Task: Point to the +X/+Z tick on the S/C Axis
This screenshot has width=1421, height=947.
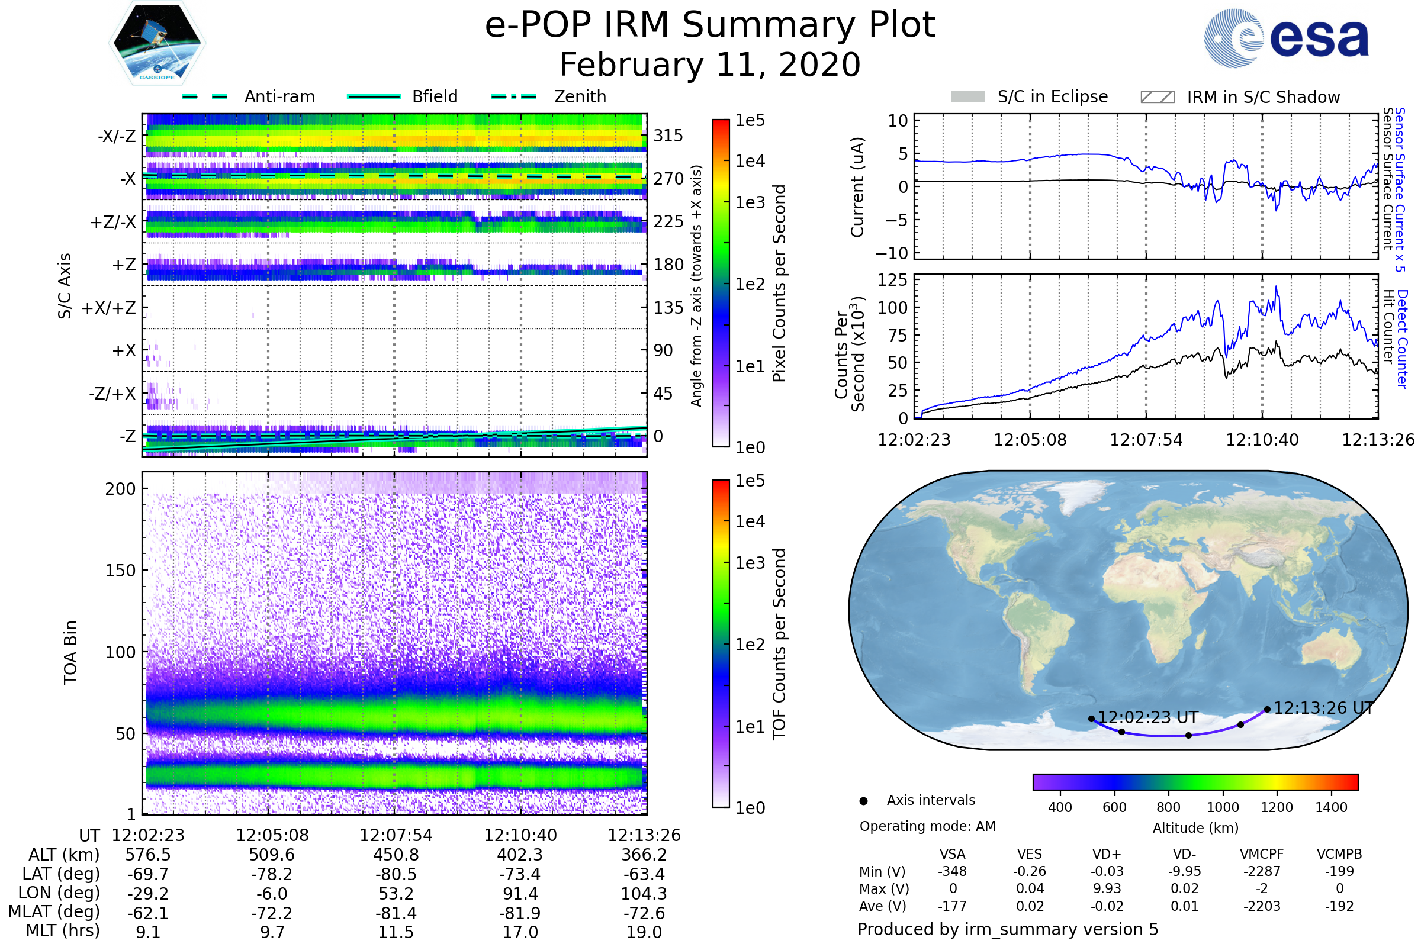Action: [109, 308]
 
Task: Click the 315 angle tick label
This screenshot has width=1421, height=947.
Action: [668, 136]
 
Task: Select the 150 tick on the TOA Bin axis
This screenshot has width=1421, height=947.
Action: [120, 571]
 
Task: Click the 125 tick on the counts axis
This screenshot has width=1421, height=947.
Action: [892, 280]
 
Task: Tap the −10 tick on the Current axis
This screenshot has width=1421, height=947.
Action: [892, 253]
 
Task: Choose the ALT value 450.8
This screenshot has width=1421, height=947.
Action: [396, 855]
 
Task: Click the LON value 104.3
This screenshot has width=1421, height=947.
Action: [644, 894]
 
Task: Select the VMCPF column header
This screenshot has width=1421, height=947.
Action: [1262, 855]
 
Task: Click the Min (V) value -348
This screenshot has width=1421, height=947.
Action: [952, 871]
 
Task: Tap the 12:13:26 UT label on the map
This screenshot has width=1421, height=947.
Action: [1323, 708]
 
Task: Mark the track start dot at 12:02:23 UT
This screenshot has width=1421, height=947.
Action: [1091, 719]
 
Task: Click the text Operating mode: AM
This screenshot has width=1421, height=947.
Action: [927, 826]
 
